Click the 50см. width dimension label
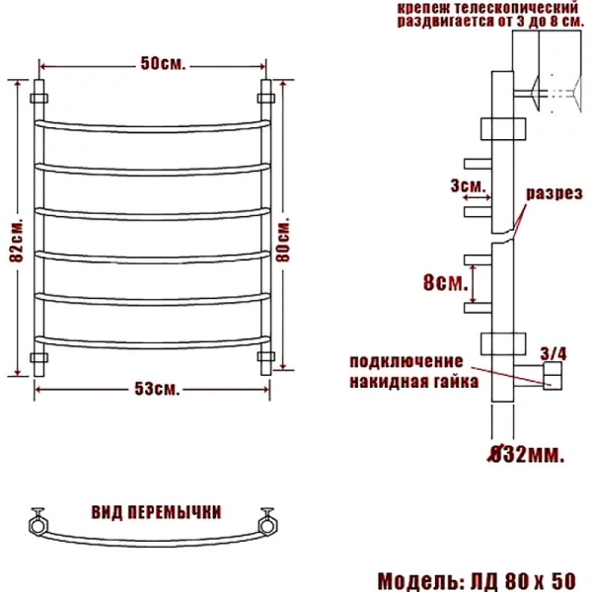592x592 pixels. coord(162,65)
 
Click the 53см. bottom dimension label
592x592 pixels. coord(157,390)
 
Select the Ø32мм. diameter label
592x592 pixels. coord(527,455)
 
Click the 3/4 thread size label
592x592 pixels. coord(553,351)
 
